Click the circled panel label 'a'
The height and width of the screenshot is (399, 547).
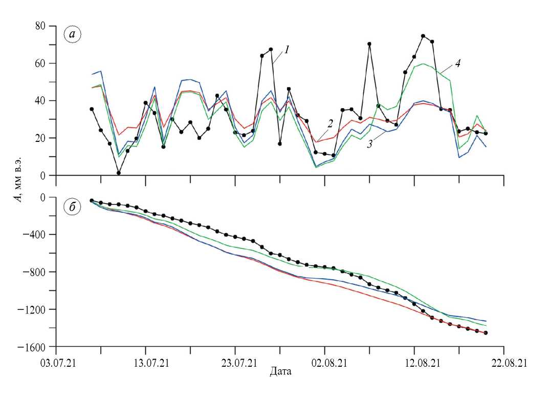tap(72, 34)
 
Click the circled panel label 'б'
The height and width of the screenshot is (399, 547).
tap(72, 208)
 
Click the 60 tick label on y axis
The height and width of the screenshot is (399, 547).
tap(39, 64)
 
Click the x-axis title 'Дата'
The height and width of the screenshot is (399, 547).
tap(280, 371)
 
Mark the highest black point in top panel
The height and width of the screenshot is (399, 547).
tap(423, 36)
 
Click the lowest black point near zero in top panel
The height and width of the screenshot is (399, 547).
tap(119, 173)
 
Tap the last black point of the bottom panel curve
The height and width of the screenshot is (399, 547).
tap(486, 333)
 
